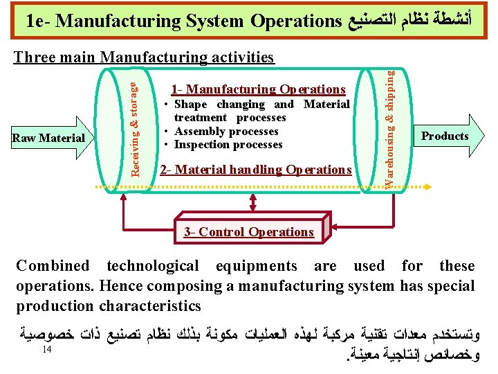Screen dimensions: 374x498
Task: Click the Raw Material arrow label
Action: (48, 138)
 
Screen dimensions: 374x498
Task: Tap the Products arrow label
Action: (445, 136)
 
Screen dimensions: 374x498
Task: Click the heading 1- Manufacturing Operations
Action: (258, 89)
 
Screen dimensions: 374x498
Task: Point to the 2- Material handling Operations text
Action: (255, 170)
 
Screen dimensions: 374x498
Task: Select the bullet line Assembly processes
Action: (226, 131)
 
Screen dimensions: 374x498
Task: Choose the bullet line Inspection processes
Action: (228, 144)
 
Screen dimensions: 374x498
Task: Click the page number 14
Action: (47, 349)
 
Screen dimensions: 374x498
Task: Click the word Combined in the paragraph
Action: (53, 266)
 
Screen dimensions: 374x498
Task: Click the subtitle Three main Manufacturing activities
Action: (145, 57)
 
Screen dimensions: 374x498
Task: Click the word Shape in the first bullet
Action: (191, 105)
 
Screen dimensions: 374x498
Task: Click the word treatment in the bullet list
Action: (203, 118)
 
